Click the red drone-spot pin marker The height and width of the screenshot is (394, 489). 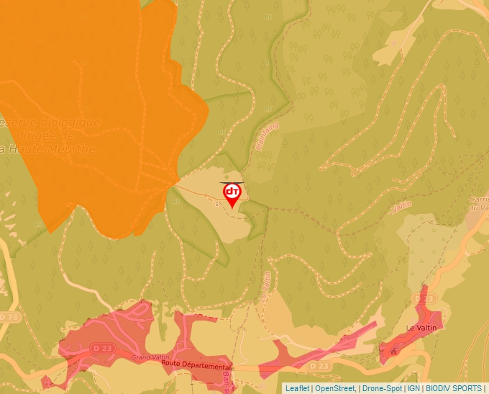click(x=232, y=194)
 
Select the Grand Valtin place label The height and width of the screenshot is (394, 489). click(x=150, y=357)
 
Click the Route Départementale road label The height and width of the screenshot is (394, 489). click(x=195, y=364)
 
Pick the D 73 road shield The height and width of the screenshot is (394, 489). click(x=9, y=317)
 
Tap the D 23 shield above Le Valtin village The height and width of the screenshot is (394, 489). click(x=426, y=298)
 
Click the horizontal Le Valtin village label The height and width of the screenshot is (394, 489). click(x=421, y=328)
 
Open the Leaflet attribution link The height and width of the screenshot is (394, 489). click(x=297, y=388)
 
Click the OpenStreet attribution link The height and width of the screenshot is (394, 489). click(x=335, y=388)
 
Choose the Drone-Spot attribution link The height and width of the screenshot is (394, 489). click(x=382, y=388)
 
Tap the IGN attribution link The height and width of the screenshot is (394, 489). click(x=413, y=388)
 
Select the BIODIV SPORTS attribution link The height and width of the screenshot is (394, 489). click(x=454, y=388)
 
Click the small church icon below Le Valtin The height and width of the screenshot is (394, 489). click(x=393, y=352)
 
